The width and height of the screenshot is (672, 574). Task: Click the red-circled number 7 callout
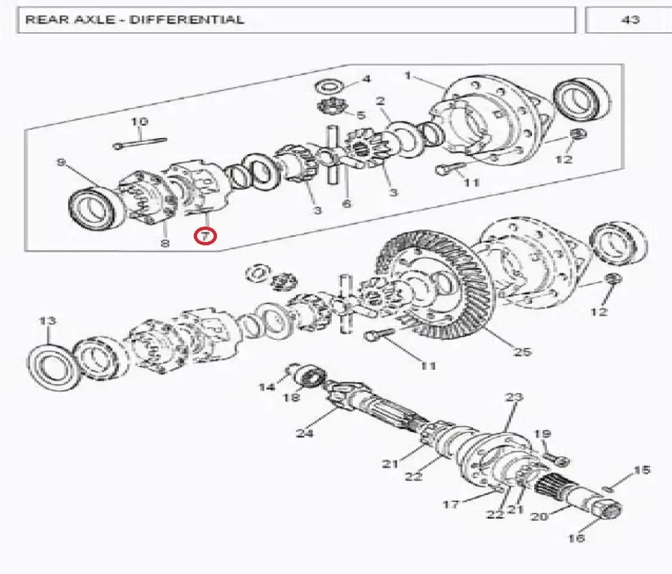coord(205,236)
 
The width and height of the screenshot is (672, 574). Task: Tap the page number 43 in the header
coord(630,19)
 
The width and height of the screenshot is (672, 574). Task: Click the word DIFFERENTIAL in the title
coord(187,19)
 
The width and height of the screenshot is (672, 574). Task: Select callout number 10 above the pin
coord(139,121)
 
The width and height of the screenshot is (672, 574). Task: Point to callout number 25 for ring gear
coord(522,352)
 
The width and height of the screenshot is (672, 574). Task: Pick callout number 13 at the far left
coord(47,320)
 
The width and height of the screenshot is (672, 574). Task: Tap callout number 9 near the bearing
coord(61,162)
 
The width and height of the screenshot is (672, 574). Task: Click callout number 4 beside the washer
coord(366,79)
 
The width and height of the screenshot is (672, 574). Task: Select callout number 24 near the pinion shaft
coord(305,433)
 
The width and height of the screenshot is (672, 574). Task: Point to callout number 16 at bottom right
coord(576,538)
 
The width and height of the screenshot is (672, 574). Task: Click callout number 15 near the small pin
coord(642,470)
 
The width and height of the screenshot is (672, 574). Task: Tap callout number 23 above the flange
coord(514,397)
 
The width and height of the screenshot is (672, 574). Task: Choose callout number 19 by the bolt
coord(542,434)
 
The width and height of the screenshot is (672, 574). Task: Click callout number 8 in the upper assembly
coord(164,243)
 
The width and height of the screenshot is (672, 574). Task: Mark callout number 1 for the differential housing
coord(407,76)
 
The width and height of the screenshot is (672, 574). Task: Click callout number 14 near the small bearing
coord(266,387)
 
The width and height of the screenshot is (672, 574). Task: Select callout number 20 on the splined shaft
coord(539,517)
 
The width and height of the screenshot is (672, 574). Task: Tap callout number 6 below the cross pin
coord(346,203)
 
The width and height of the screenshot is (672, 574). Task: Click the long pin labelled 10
coord(140,143)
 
